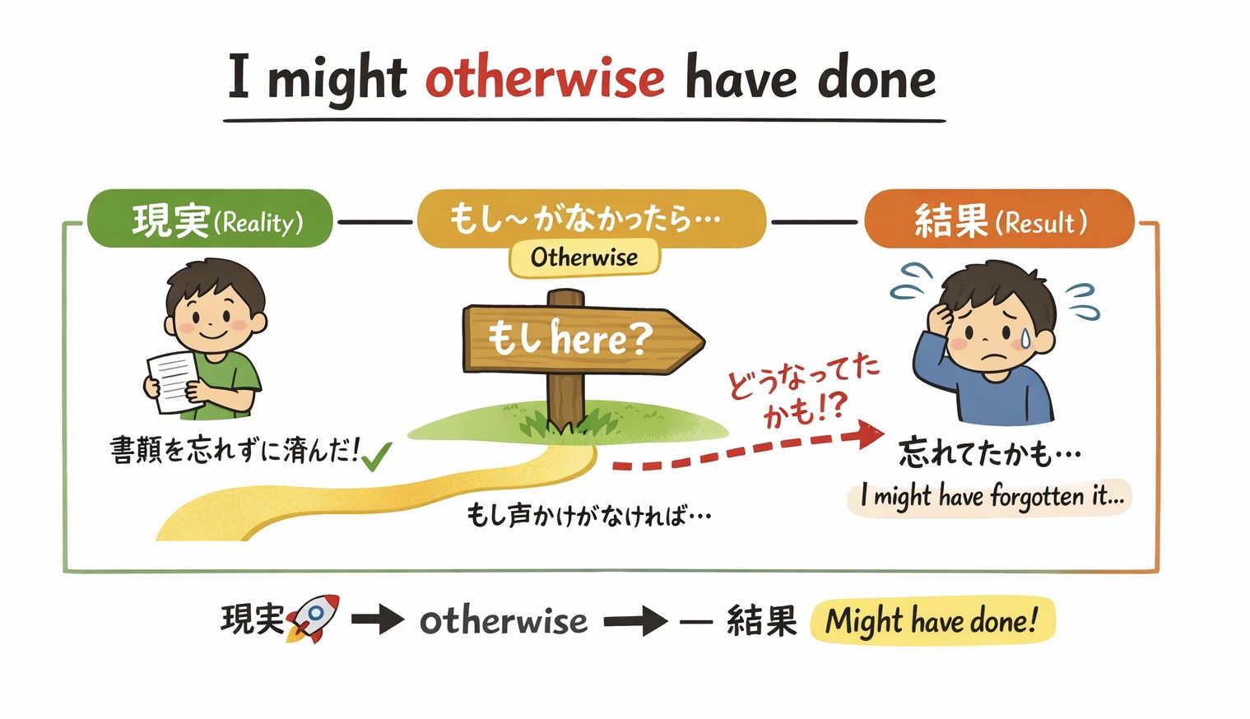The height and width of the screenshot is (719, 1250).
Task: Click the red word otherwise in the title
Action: coord(546,78)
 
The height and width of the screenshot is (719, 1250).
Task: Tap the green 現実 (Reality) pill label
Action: coord(210,219)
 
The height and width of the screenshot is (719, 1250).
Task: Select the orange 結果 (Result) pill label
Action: coord(1000,219)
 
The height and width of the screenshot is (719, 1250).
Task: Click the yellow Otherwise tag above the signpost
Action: coord(584,257)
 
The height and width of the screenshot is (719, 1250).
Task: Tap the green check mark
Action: coord(377,457)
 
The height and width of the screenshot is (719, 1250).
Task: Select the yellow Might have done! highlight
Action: coord(932,621)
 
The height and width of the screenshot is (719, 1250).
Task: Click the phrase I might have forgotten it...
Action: coord(992,496)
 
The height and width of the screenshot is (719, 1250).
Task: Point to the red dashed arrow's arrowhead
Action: coord(870,434)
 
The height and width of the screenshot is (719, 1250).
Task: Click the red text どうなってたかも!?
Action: coord(804,392)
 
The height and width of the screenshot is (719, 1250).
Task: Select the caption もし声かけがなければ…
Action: coord(588,515)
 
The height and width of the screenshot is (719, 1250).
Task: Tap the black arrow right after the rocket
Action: coord(378,619)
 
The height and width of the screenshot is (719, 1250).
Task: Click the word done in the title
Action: coord(876,78)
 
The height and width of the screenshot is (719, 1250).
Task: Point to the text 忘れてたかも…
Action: coord(989,453)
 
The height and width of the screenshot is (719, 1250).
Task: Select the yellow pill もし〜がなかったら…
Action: coord(592,219)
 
